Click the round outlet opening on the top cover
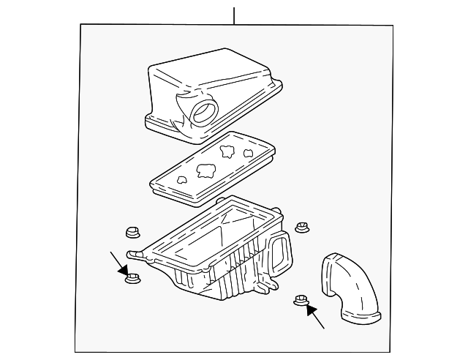pyautogui.click(x=203, y=112)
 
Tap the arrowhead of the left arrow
pyautogui.click(x=124, y=271)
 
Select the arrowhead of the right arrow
pyautogui.click(x=310, y=309)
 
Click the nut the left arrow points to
pyautogui.click(x=132, y=279)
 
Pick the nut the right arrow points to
pyautogui.click(x=300, y=299)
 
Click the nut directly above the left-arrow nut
pyautogui.click(x=132, y=233)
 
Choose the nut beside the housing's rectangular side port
pyautogui.click(x=301, y=228)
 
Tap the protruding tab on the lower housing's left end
pyautogui.click(x=134, y=253)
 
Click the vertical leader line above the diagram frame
pyautogui.click(x=234, y=15)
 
